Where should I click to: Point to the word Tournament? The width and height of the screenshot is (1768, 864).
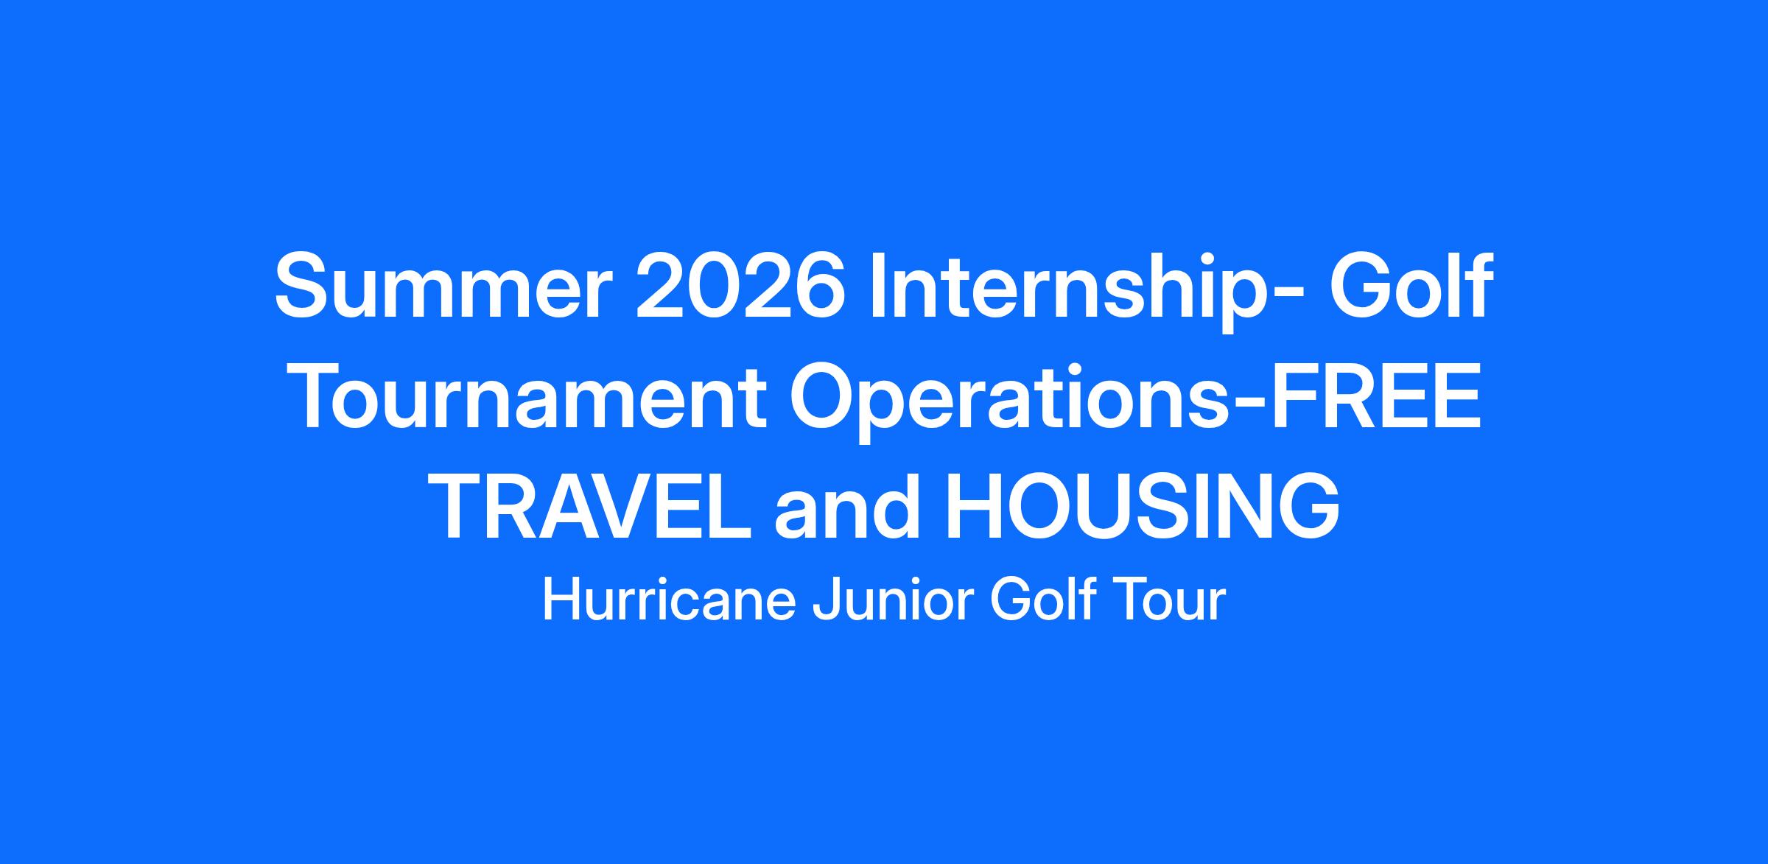(x=530, y=398)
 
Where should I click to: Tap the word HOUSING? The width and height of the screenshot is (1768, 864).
(x=1143, y=509)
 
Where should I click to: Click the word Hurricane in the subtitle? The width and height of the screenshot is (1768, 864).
(x=669, y=600)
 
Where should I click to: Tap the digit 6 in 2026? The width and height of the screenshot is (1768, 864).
(x=816, y=287)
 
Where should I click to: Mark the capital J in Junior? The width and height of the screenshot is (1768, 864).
(x=823, y=601)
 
